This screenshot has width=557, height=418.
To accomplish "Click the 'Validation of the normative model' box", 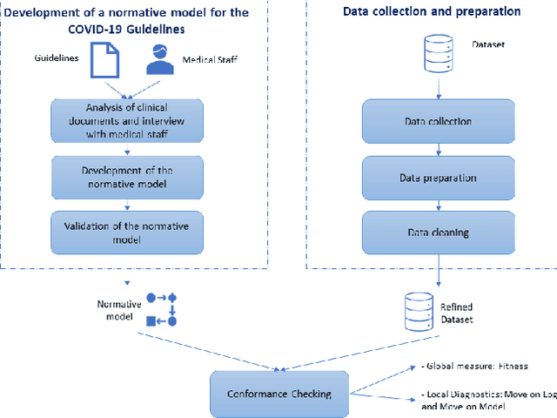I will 127,231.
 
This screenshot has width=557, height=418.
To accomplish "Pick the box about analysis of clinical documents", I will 127,121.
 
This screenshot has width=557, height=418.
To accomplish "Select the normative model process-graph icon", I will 162,309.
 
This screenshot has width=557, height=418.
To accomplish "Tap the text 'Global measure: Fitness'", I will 476,367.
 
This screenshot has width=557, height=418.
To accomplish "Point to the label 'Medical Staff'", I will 209,61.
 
